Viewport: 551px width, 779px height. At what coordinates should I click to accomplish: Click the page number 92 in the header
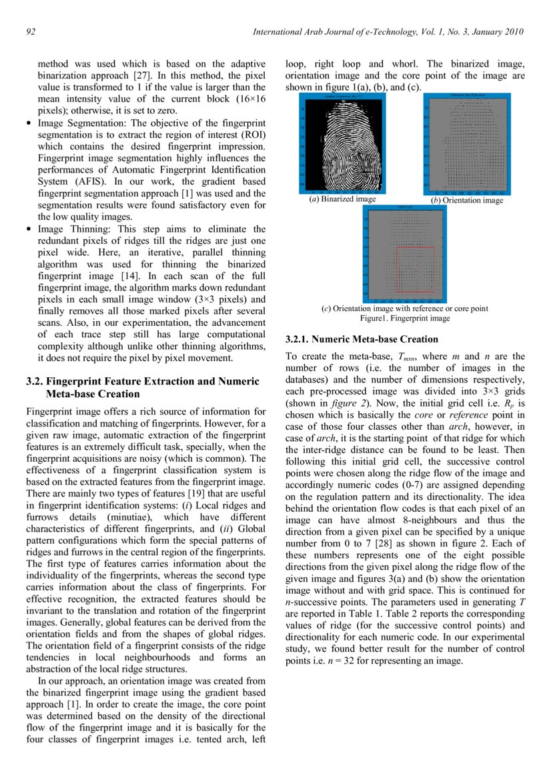(x=31, y=32)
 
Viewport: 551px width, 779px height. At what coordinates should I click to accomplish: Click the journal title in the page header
(x=389, y=32)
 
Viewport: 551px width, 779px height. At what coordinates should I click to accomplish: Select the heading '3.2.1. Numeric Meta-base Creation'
(x=352, y=339)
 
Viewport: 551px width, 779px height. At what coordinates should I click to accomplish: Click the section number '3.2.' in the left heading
(x=35, y=382)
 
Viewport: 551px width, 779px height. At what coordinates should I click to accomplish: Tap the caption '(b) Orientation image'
(x=466, y=199)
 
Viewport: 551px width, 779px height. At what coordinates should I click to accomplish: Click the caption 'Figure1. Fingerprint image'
(x=405, y=319)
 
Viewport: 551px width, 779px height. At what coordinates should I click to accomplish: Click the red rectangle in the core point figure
(x=415, y=269)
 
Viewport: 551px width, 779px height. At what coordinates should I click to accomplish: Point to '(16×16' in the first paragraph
(x=248, y=99)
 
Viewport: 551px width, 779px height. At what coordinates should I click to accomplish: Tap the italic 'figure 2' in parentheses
(x=352, y=403)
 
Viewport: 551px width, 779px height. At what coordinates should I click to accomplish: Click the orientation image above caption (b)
(x=467, y=144)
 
